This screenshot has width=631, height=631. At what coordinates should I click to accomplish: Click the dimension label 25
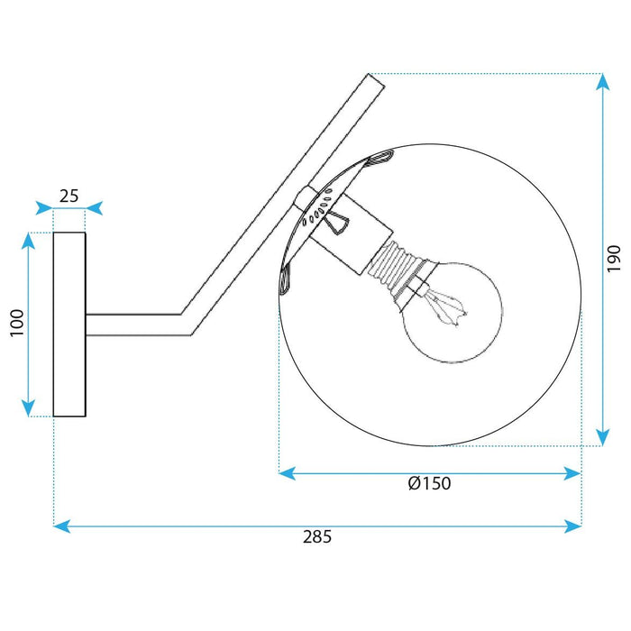click(x=69, y=195)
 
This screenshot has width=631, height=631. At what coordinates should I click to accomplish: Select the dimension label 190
click(x=614, y=259)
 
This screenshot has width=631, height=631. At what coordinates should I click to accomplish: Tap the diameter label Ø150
click(x=429, y=483)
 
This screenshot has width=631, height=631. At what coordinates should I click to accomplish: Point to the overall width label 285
click(x=317, y=537)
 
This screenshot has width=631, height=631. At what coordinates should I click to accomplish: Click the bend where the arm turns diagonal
click(x=186, y=324)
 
